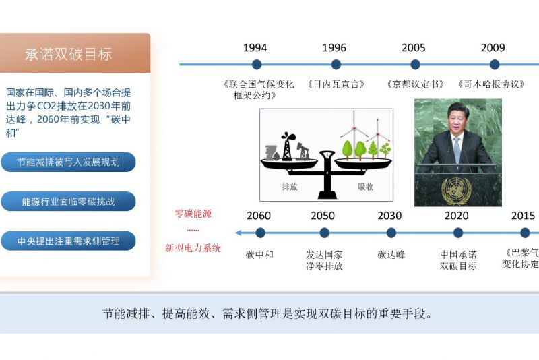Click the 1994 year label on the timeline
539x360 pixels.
tap(255, 48)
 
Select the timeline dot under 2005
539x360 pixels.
tap(415, 64)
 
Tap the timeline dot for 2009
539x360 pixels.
tap(495, 64)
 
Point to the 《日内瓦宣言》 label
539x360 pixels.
tap(336, 84)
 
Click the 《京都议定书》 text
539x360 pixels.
tap(415, 84)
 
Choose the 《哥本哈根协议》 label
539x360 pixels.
tap(491, 84)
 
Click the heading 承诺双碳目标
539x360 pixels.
tap(69, 55)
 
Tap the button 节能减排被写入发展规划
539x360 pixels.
tap(68, 162)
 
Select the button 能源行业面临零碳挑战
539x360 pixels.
tap(68, 202)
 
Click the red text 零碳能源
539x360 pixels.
tap(193, 214)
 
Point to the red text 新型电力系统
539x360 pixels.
tap(193, 248)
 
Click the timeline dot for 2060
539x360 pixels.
tap(260, 233)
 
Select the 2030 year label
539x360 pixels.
tap(389, 216)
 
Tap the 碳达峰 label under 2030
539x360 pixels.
tap(391, 255)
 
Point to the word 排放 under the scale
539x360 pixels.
tap(290, 187)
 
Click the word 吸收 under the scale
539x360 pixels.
tap(365, 187)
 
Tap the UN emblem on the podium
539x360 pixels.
tap(457, 191)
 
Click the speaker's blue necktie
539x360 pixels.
tap(457, 149)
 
